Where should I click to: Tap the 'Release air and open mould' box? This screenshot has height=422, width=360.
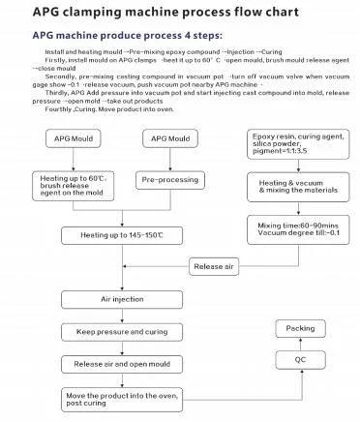point(122,364)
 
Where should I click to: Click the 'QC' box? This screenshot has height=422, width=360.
point(300,360)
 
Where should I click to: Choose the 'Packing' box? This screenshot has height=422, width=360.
point(300,329)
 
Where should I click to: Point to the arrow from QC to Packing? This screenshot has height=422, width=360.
point(300,345)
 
